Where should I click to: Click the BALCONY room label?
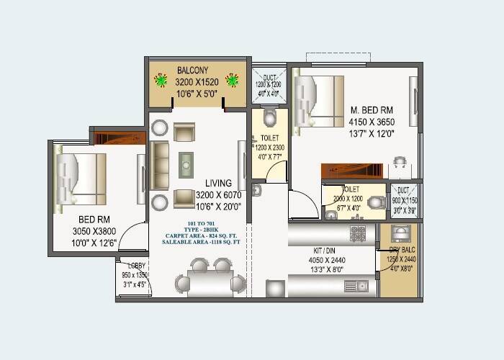click(192, 71)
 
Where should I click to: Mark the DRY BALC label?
click(401, 249)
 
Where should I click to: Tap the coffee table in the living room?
click(186, 164)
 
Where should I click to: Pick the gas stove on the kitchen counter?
click(358, 234)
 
